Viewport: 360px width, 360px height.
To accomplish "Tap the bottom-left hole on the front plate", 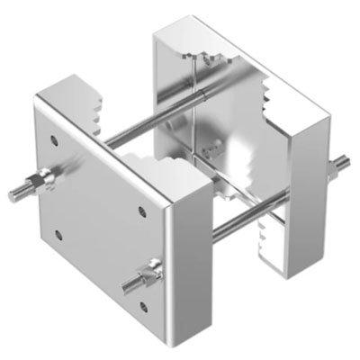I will (x=58, y=236).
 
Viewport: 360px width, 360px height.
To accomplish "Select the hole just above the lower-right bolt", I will (x=143, y=212).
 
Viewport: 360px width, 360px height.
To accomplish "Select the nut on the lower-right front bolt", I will (x=150, y=271).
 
